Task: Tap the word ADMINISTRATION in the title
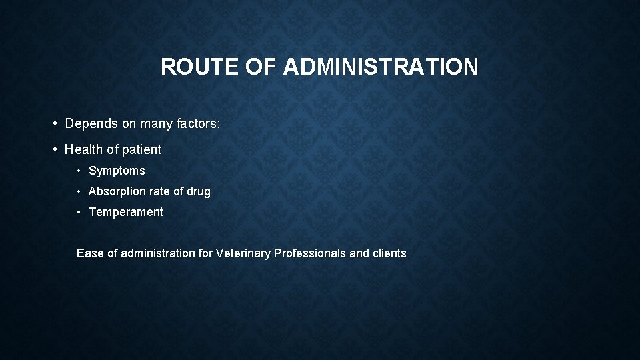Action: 381,67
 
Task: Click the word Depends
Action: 91,124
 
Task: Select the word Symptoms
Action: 117,171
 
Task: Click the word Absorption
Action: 117,191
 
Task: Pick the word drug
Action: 199,191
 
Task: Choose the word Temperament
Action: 125,212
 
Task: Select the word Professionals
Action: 310,253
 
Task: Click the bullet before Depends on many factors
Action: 57,124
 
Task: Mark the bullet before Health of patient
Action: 57,150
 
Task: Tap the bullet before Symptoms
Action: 79,171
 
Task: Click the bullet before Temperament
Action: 79,212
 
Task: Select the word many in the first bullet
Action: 152,124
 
